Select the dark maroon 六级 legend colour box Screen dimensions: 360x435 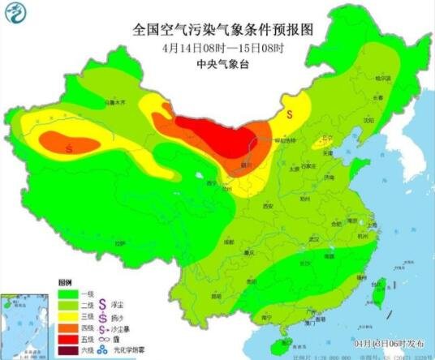click(69, 351)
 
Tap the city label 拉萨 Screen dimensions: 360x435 click(120, 242)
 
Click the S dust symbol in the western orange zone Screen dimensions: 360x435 click(70, 148)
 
